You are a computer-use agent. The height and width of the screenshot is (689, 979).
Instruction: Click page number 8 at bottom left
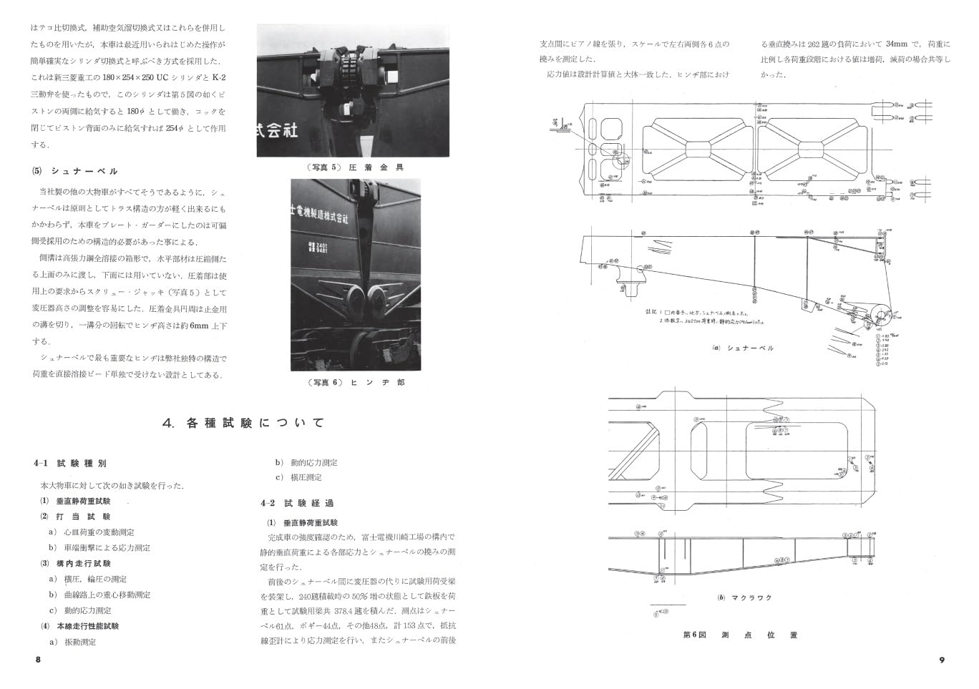pyautogui.click(x=38, y=660)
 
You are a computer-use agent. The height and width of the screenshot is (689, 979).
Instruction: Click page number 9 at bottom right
pyautogui.click(x=942, y=660)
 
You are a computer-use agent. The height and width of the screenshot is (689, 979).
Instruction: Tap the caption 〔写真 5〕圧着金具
pyautogui.click(x=354, y=167)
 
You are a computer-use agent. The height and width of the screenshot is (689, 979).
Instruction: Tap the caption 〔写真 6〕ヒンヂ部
pyautogui.click(x=356, y=383)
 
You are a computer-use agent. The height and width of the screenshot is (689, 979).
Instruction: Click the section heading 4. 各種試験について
pyautogui.click(x=243, y=423)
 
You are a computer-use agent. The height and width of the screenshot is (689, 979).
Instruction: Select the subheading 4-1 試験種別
pyautogui.click(x=70, y=464)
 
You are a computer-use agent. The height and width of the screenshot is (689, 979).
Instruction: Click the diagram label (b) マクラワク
pyautogui.click(x=745, y=597)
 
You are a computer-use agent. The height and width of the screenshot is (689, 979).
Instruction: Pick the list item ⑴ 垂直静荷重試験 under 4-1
pyautogui.click(x=79, y=501)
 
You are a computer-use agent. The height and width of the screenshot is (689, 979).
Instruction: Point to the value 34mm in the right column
pyautogui.click(x=897, y=44)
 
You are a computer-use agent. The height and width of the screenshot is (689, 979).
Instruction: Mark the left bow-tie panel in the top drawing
pyautogui.click(x=698, y=151)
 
